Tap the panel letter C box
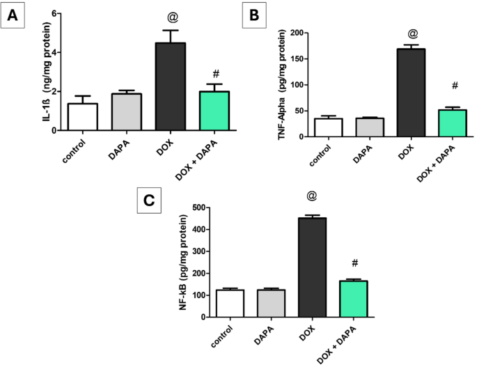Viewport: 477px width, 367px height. point(148,201)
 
